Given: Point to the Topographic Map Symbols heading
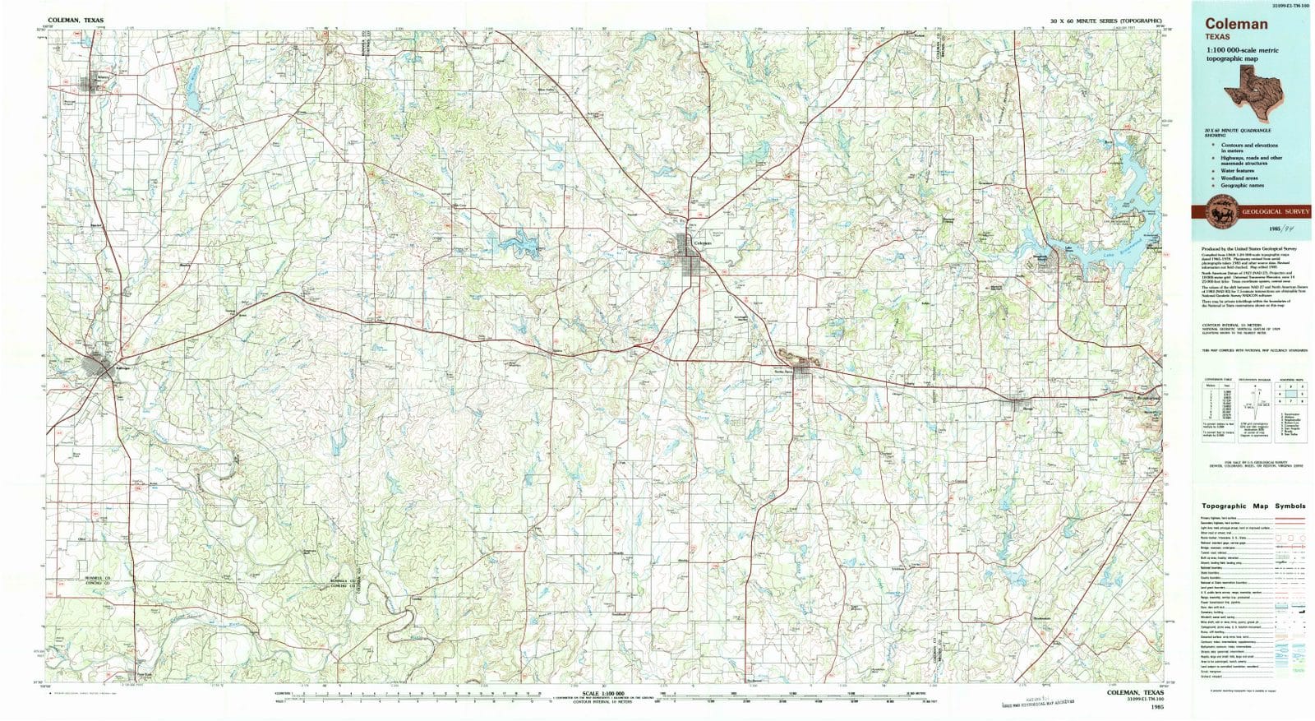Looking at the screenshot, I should point(1253,506).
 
